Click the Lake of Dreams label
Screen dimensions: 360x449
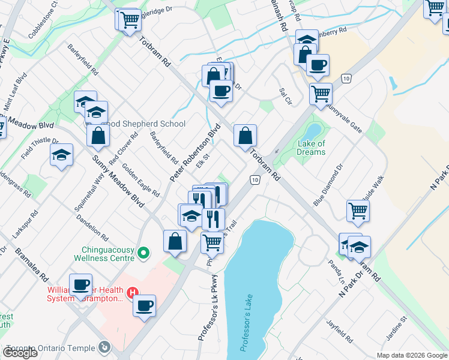312,148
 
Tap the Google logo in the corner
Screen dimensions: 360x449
20,353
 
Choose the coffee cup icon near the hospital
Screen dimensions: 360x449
144,305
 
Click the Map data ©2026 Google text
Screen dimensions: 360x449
412,355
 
